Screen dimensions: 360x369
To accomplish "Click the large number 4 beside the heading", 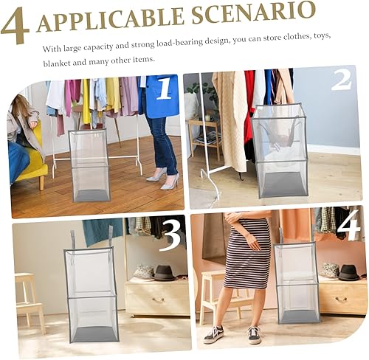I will pos(16,24).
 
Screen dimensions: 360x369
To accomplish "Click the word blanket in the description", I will pos(58,60).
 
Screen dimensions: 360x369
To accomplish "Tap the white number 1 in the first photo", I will pos(163,90).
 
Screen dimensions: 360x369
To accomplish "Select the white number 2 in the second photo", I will pos(342,80).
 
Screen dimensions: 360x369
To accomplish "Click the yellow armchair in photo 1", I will pos(33,166).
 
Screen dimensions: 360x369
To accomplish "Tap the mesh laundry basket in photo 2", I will pos(280,151).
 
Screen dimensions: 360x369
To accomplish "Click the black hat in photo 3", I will pos(165,273).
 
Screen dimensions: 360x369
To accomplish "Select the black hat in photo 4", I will pos(348,271).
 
